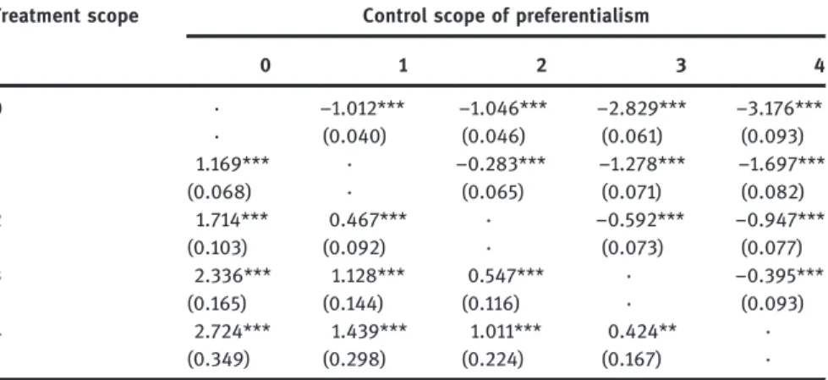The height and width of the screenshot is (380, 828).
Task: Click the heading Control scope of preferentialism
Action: (506, 16)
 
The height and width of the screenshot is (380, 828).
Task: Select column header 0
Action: (265, 65)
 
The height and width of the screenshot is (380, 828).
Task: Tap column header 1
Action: (403, 65)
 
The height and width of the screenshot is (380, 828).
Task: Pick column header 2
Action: (541, 65)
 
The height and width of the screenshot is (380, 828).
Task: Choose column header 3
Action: (680, 65)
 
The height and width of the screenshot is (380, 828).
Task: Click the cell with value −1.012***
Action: (362, 109)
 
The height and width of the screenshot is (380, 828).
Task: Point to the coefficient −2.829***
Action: (641, 109)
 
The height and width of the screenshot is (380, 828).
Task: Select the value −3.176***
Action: (780, 109)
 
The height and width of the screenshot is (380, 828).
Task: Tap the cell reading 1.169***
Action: (233, 164)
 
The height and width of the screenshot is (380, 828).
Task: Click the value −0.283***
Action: (501, 164)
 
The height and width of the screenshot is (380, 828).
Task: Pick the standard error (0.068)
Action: (219, 192)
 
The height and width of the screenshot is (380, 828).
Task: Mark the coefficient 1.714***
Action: (232, 219)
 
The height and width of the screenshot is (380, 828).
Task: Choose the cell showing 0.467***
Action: (368, 219)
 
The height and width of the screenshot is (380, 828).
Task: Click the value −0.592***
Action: (640, 219)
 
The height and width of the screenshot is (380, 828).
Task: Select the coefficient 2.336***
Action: (233, 275)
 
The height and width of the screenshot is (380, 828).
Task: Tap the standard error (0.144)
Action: (354, 303)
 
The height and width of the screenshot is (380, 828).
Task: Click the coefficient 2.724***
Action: (233, 331)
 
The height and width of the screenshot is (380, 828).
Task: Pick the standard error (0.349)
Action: (218, 359)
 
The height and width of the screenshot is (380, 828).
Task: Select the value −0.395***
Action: (780, 275)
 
